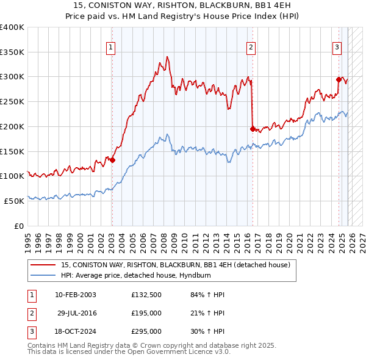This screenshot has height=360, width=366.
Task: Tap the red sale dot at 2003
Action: click(112, 160)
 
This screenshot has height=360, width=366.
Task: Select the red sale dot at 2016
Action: click(253, 129)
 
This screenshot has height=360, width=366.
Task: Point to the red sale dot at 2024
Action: click(339, 79)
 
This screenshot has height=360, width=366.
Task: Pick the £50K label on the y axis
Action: click(14, 201)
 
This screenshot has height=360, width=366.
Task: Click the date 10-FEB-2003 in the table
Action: click(75, 295)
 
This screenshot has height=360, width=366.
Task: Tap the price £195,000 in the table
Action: click(146, 313)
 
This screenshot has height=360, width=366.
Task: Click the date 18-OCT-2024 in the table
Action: click(75, 331)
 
